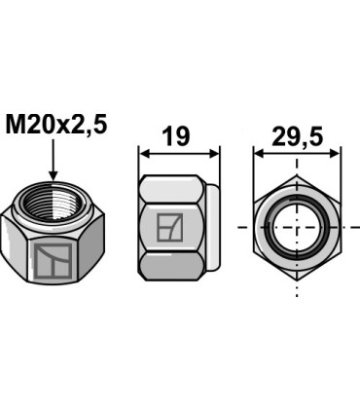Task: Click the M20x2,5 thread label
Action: tap(57, 126)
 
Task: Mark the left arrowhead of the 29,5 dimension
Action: tap(260, 153)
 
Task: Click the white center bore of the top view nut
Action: tap(297, 228)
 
